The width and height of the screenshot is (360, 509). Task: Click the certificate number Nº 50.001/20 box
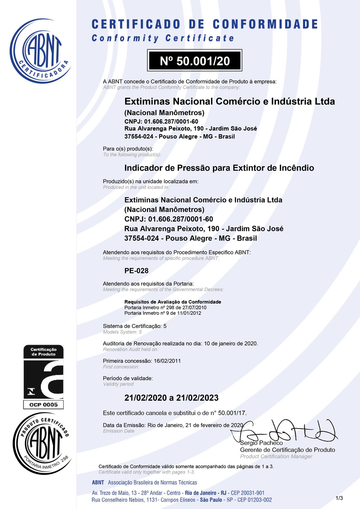coord(194,61)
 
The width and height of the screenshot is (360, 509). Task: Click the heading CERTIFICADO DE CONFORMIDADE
coord(205,24)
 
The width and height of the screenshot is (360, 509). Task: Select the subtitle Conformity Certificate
coord(162,38)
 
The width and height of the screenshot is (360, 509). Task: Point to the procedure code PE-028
coord(136,271)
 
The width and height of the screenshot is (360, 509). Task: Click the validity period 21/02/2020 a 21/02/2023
coord(172,398)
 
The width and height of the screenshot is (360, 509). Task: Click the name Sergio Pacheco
coord(261,443)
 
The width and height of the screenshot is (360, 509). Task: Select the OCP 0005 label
coord(44,405)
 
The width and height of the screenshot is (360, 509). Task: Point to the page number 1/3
coord(339,498)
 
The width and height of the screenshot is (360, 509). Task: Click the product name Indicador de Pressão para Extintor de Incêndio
coord(219,168)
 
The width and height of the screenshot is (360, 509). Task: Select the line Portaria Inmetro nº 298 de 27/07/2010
coord(165,307)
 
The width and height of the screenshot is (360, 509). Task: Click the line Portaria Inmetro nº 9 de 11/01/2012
coord(163,313)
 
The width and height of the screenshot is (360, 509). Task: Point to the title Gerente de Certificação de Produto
coord(288,450)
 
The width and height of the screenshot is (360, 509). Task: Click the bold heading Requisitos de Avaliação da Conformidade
coord(173,302)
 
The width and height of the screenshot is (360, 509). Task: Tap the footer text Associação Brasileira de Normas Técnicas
coord(152,483)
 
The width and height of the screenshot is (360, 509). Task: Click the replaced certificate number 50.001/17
coord(232,413)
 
